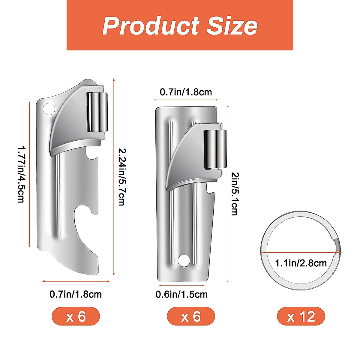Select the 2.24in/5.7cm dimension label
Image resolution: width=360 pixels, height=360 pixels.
(x=121, y=177)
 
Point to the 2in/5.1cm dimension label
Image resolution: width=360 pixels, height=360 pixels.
(x=235, y=193)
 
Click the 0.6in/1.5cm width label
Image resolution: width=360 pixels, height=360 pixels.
(x=181, y=294)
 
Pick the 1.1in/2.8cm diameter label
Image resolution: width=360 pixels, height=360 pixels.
(x=301, y=263)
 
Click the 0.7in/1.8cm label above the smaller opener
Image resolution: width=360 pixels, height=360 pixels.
(x=186, y=92)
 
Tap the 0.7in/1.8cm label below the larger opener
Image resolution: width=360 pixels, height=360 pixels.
(x=76, y=294)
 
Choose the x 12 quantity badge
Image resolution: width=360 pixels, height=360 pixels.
(x=301, y=316)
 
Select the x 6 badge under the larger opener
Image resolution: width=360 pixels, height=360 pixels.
(x=76, y=316)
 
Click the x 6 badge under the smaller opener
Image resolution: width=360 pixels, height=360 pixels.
(x=191, y=316)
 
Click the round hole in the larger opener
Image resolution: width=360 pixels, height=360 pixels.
(x=48, y=109)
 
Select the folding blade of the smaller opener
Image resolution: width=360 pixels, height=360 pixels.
(x=186, y=162)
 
